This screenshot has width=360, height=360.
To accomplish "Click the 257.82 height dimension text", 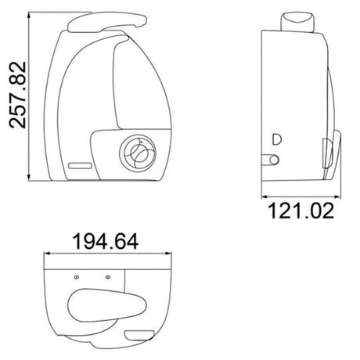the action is click(17, 95).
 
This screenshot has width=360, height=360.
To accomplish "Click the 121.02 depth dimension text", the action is click(301, 211).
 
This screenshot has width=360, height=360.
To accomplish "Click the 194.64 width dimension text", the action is click(106, 242).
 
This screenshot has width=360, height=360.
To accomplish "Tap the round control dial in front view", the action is click(138, 153).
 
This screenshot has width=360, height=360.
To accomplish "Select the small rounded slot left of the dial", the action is click(80, 165).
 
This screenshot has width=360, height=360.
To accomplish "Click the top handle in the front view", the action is click(107, 21).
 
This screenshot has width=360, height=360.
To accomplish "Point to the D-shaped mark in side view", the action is click(277, 139).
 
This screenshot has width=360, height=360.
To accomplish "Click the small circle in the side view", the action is click(274, 160).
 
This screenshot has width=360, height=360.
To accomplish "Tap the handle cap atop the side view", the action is click(297, 21).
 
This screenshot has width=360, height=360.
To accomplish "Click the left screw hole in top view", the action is click(77, 277).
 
